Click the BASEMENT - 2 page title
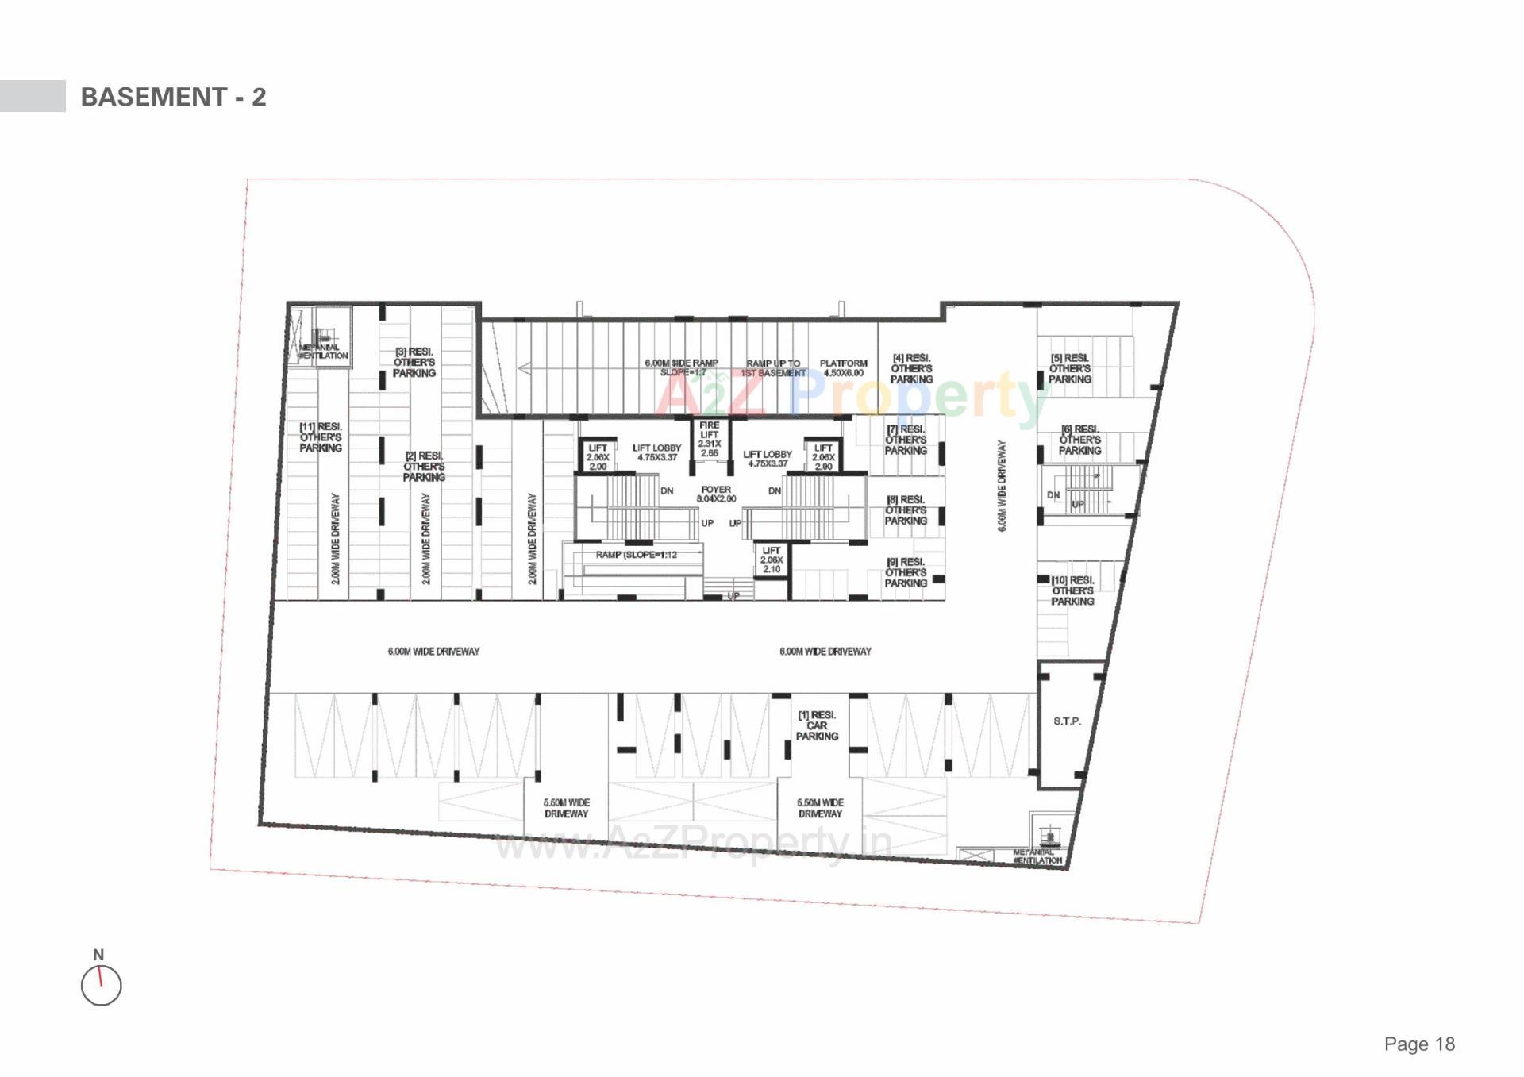(173, 97)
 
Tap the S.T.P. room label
(1067, 721)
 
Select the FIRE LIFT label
(709, 439)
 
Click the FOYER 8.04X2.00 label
(716, 494)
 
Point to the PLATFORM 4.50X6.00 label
(843, 368)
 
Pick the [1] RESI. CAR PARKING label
(817, 725)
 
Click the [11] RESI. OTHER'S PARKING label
(321, 437)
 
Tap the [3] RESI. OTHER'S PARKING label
(414, 362)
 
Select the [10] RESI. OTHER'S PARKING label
(1072, 591)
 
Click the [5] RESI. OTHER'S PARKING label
(1070, 369)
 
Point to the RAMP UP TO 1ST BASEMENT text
(773, 368)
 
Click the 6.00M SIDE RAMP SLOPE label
(681, 367)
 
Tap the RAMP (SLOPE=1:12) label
(636, 555)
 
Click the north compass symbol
(101, 985)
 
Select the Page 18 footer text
(1419, 1044)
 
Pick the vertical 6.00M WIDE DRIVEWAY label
(1002, 486)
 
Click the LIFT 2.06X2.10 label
(771, 560)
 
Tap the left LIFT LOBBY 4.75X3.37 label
(656, 452)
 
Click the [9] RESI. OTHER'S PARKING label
(906, 572)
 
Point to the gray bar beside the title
(33, 96)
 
